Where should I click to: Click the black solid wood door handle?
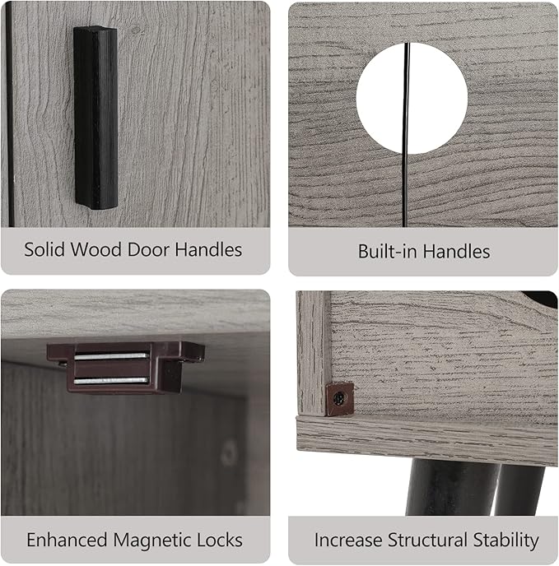pos(95,118)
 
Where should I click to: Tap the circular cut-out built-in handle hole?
pos(412,98)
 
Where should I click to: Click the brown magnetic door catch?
pos(125,367)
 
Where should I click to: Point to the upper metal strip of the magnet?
pos(112,357)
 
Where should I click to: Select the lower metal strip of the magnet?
pos(111,380)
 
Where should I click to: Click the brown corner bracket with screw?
pos(340,399)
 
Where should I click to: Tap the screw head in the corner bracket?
pos(339,398)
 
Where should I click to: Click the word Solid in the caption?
pos(44,249)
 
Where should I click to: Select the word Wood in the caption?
pos(95,249)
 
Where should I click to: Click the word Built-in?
pos(388,251)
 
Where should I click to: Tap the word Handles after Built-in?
pos(456,251)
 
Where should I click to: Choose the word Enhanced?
pos(67,540)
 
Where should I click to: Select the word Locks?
pos(219,540)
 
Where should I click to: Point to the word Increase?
pos(348,540)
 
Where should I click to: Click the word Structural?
pos(427,540)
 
